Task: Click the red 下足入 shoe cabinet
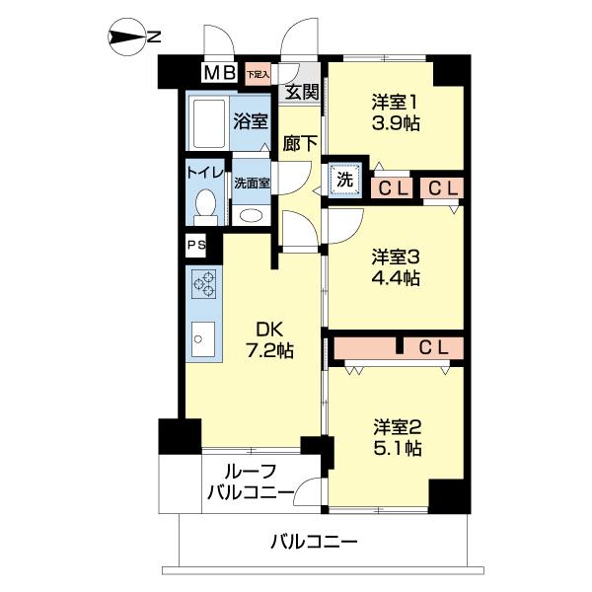tap(258, 73)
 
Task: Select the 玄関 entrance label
tap(301, 94)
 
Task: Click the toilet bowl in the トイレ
tap(206, 206)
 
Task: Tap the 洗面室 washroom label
tap(252, 184)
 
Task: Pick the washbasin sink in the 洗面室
tap(252, 215)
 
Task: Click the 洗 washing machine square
tap(344, 180)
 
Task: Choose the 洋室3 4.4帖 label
tap(396, 267)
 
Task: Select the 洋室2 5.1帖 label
tap(397, 437)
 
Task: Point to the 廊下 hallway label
tap(300, 142)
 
